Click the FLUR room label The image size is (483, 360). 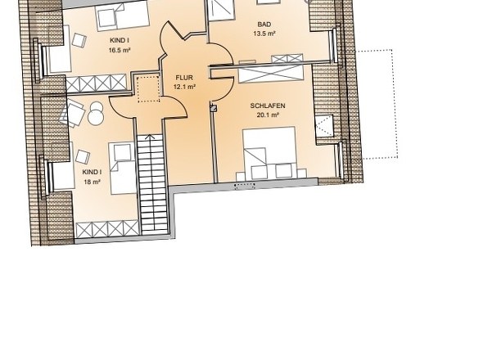click(x=184, y=78)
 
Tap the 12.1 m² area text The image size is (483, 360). click(x=184, y=87)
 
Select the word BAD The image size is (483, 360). click(x=264, y=25)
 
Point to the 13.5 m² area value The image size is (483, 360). click(x=264, y=34)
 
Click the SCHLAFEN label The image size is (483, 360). click(x=268, y=106)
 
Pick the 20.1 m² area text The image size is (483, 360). click(x=268, y=115)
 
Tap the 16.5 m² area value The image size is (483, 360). click(x=120, y=50)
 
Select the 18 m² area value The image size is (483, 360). click(x=93, y=182)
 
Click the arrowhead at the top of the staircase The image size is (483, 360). click(x=150, y=137)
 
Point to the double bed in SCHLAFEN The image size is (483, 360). click(x=269, y=153)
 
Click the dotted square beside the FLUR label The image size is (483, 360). click(x=148, y=89)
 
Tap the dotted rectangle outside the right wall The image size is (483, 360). click(x=379, y=104)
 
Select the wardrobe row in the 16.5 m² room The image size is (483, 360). click(x=96, y=83)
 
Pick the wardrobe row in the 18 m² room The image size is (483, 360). click(x=107, y=229)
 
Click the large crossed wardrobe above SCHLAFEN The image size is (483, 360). click(x=270, y=74)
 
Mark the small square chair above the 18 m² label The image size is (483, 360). click(x=83, y=157)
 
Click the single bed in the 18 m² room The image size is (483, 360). click(x=122, y=168)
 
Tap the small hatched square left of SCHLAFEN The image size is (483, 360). click(x=214, y=108)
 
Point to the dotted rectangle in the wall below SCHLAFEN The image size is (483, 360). click(x=245, y=186)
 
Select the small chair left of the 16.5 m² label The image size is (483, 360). click(x=79, y=40)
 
